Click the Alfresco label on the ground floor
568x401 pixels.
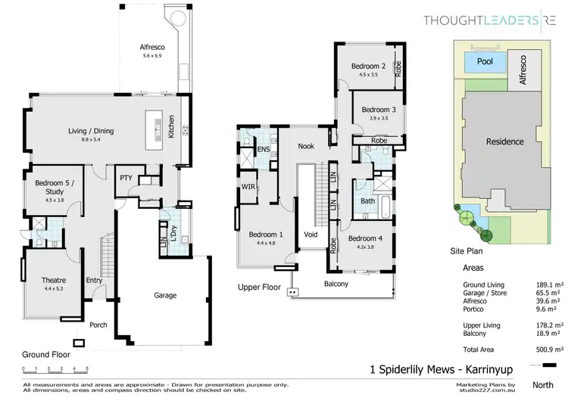click(x=153, y=47)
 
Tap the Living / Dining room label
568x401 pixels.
click(x=91, y=132)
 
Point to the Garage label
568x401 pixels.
click(x=165, y=295)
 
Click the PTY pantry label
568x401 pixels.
click(x=126, y=178)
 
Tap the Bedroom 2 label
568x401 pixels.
click(x=369, y=67)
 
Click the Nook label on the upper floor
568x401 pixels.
click(x=306, y=146)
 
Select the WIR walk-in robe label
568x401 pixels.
click(x=248, y=186)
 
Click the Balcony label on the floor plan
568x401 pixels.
click(x=335, y=284)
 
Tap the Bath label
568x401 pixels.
click(x=367, y=201)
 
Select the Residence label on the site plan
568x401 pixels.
click(x=505, y=141)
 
